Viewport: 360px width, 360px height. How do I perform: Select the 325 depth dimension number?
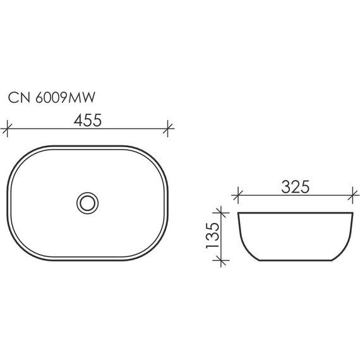point(294,187)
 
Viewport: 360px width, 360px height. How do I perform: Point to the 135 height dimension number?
point(212,236)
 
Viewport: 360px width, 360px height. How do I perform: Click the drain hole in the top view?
point(87,201)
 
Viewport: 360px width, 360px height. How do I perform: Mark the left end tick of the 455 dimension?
point(7,128)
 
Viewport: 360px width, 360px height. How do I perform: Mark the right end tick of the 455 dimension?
point(167,128)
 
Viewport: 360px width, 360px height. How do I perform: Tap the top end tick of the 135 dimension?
point(220,213)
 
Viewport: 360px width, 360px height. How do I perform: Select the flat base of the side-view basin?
point(294,260)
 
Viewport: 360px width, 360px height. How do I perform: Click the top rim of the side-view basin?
point(294,213)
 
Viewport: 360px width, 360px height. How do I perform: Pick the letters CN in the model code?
point(17,97)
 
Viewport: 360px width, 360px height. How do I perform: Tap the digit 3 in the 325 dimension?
point(283,187)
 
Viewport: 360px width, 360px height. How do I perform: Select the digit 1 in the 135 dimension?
point(212,248)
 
